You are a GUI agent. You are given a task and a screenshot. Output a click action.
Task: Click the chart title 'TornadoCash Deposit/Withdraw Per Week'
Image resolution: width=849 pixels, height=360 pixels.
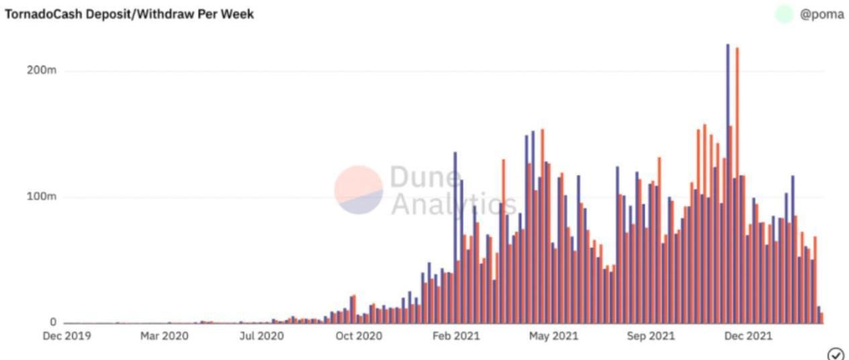(130, 14)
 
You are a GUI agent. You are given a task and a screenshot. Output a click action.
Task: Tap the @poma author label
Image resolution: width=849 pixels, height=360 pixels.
(821, 14)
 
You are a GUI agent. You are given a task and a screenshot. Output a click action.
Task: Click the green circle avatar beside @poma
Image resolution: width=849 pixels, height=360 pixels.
(784, 14)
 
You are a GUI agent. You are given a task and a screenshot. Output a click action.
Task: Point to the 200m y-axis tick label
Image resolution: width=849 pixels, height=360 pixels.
(41, 71)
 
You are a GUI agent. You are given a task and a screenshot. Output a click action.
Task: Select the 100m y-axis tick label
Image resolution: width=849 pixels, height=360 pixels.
(41, 197)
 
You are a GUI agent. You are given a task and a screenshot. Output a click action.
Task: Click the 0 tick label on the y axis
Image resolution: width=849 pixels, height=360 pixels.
(52, 322)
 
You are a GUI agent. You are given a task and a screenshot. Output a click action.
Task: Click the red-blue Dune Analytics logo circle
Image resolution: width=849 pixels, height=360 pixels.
(359, 190)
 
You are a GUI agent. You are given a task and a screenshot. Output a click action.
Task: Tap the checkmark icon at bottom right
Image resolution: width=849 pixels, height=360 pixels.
(836, 354)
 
